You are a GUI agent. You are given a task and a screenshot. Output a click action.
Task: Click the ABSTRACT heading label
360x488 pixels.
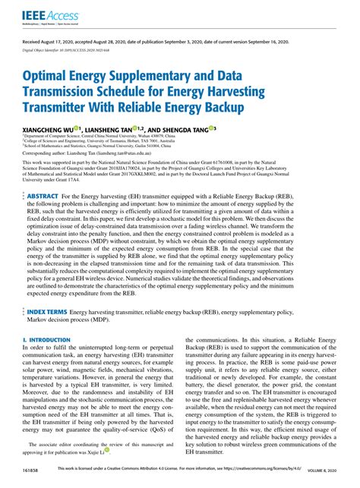pos(43,196)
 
